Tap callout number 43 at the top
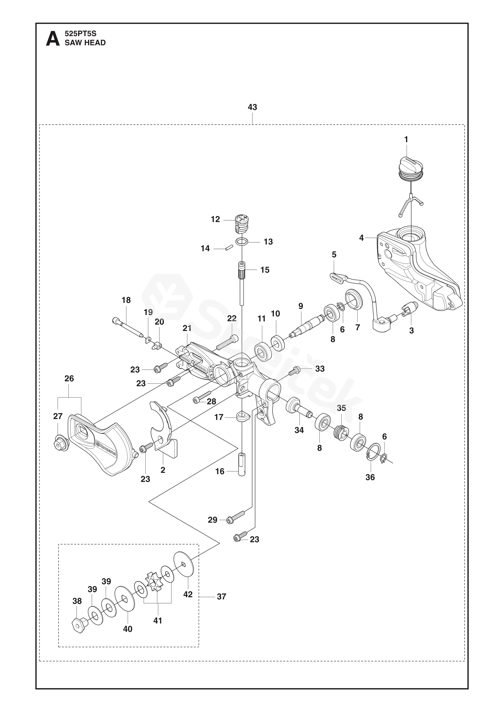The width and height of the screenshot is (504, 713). tap(252, 107)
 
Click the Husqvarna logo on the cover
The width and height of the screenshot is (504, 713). tap(106, 448)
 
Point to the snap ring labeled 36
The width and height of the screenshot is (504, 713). tap(373, 452)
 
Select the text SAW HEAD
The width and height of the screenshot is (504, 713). tap(85, 43)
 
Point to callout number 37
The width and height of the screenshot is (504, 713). tap(221, 596)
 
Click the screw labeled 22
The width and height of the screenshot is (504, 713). tap(227, 343)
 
